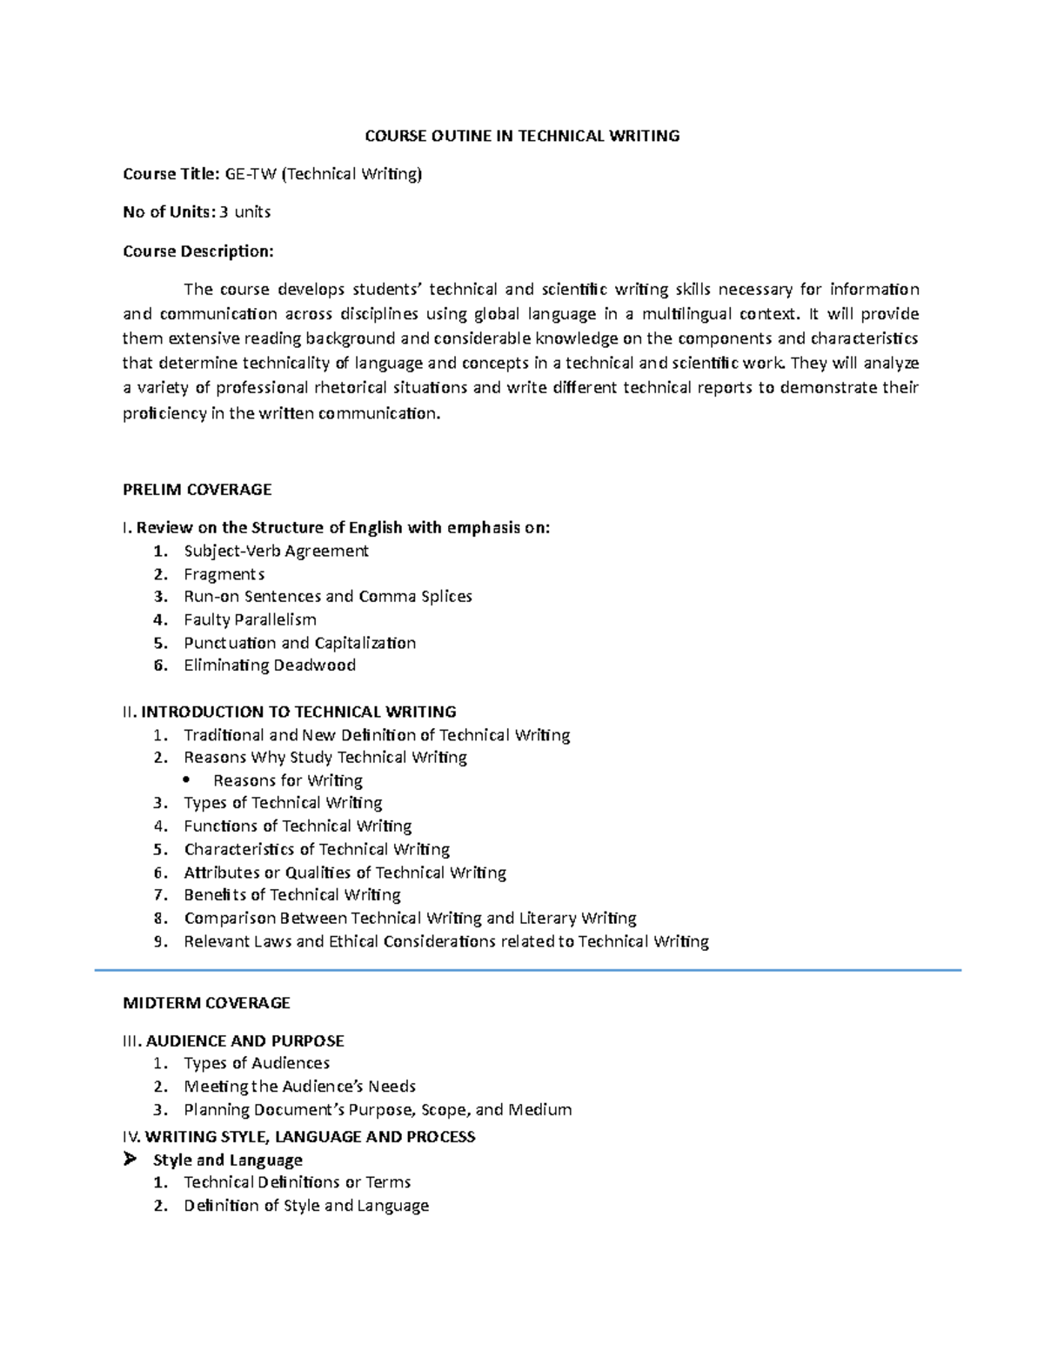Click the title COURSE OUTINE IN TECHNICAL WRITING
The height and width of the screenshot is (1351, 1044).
521,136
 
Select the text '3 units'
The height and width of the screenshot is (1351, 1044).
245,211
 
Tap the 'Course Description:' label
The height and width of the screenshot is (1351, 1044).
198,251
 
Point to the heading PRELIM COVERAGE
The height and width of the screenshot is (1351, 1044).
197,490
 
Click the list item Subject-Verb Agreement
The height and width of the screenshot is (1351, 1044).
276,551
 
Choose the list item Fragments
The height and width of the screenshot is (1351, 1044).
224,574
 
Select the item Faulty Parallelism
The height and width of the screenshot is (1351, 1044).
250,619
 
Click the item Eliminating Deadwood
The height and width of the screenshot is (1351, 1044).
270,665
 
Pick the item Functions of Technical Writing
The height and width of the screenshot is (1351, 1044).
298,826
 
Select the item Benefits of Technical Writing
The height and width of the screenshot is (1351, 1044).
291,895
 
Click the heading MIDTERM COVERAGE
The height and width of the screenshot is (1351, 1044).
207,1003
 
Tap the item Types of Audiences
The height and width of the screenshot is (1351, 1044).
257,1063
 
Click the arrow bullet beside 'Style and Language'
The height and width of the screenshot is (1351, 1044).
130,1160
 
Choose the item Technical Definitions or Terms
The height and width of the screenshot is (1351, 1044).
297,1182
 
